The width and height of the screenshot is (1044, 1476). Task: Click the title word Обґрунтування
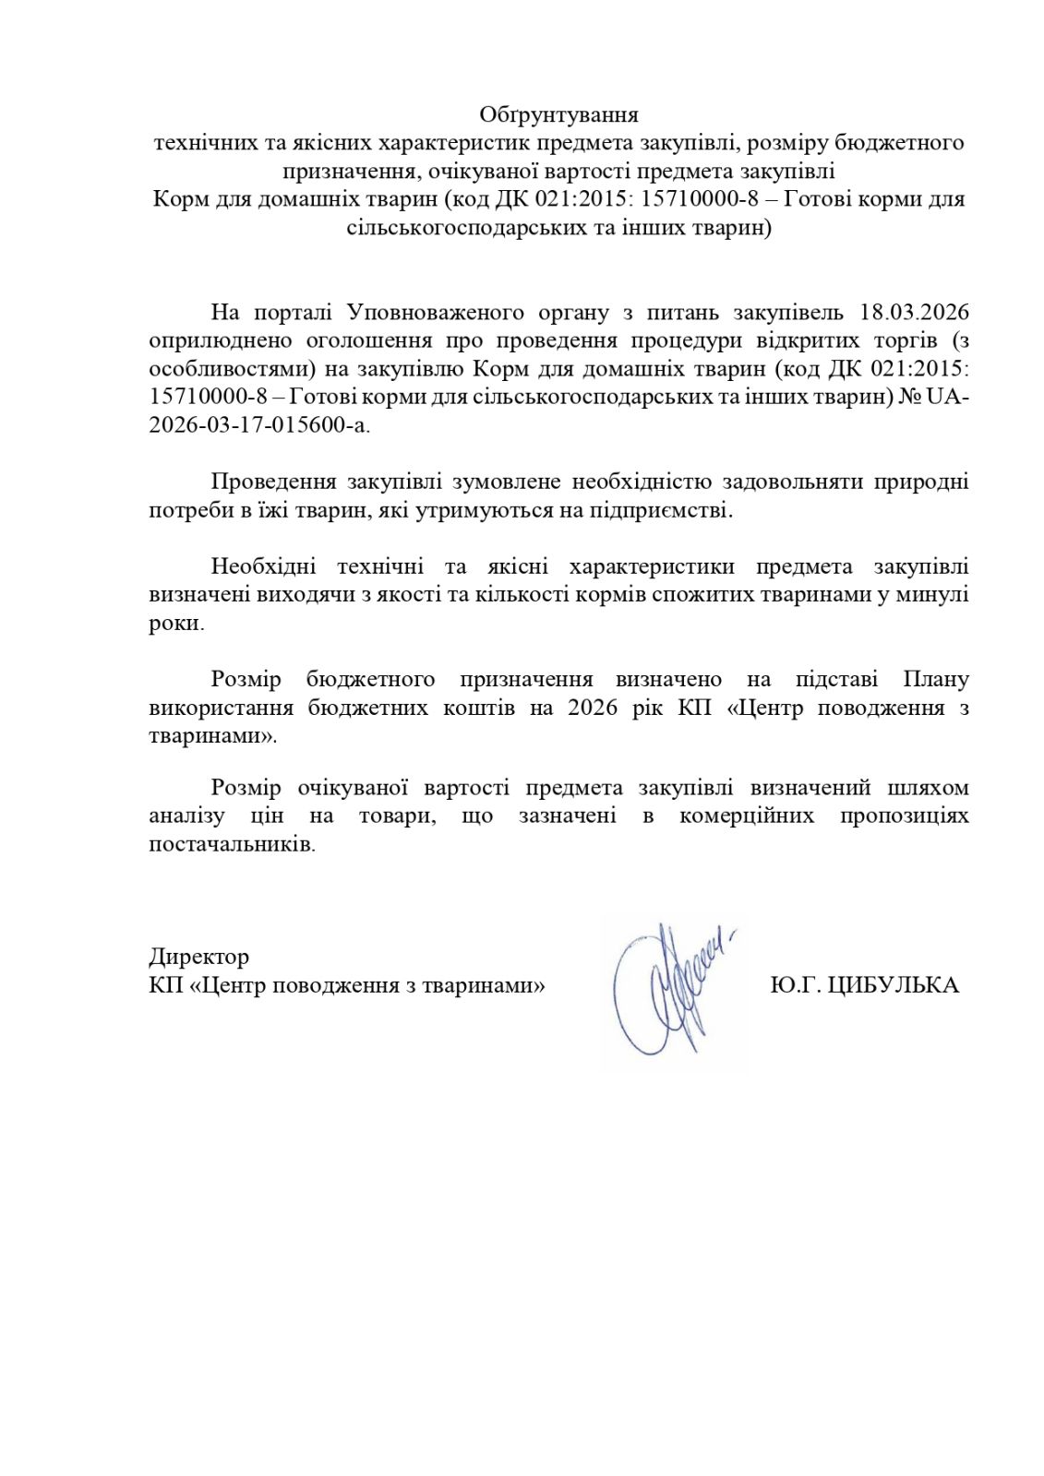tap(558, 115)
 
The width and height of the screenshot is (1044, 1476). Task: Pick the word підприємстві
tap(660, 510)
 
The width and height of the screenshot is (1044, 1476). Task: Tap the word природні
tap(923, 482)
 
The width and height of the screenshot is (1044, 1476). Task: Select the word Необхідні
tap(265, 566)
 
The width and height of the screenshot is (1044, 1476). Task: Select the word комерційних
tap(747, 815)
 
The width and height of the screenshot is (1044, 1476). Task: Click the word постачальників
tap(231, 844)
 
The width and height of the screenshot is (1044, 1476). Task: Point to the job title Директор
tap(198, 957)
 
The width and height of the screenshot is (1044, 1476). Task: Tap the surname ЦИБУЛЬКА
tap(893, 985)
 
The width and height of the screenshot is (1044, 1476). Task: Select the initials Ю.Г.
tap(794, 985)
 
